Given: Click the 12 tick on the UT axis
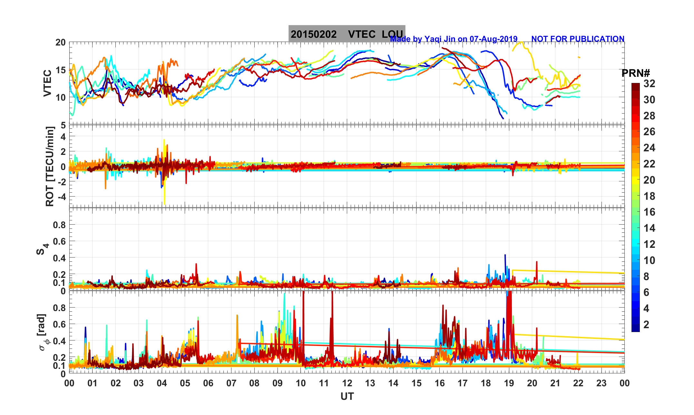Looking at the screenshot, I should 347,383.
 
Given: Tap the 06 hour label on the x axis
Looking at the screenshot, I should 208,383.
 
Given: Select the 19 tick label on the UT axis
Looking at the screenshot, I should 509,383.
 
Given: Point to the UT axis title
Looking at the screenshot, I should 347,396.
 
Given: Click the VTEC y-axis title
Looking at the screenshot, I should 47,83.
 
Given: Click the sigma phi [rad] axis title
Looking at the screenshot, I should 42,332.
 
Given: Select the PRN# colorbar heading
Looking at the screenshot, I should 635,74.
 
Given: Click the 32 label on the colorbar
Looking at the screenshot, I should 649,84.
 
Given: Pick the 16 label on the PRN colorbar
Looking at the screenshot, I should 649,212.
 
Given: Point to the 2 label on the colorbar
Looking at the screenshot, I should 646,325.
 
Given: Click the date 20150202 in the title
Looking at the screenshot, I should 313,34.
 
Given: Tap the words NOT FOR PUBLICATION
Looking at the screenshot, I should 578,39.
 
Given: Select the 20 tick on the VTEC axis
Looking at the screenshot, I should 60,43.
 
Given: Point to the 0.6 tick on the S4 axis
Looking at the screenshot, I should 59,241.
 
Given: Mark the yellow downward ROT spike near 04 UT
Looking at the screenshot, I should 165,202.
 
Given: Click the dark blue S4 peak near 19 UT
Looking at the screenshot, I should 505,256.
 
